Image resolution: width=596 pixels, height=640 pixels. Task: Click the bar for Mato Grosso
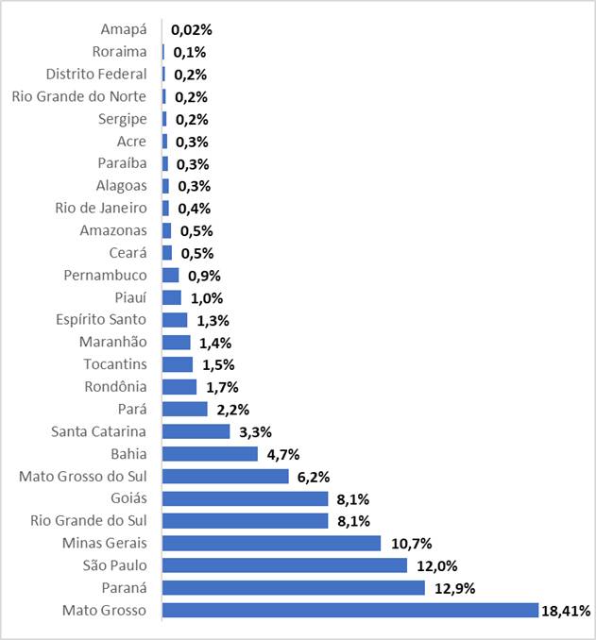point(349,610)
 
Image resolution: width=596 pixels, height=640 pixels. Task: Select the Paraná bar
point(294,588)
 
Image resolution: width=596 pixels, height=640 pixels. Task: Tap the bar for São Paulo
point(284,565)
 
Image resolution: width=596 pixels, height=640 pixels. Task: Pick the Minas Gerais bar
point(271,543)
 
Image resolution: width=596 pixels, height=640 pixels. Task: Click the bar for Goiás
point(246,498)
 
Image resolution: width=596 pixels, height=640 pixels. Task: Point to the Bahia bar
point(210,454)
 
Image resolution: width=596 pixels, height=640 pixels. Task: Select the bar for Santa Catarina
point(196,431)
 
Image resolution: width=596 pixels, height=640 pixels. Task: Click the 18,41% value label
point(566,611)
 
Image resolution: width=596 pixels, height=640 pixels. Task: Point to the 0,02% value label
point(193,30)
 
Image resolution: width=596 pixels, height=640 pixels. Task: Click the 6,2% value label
point(315,477)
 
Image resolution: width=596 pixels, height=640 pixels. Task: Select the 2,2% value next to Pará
point(233,410)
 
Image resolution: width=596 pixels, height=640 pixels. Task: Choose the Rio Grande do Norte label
point(79,96)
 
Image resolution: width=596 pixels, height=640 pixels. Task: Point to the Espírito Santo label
point(101,319)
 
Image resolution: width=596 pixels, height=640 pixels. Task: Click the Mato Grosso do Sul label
point(83,476)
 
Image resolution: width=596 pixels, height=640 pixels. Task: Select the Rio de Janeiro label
point(101,208)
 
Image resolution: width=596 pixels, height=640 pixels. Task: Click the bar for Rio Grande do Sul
point(246,521)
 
